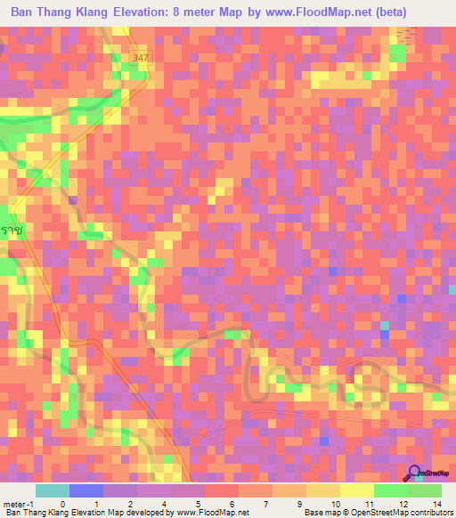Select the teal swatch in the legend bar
52,490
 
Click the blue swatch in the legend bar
85,490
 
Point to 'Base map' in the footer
322,512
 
